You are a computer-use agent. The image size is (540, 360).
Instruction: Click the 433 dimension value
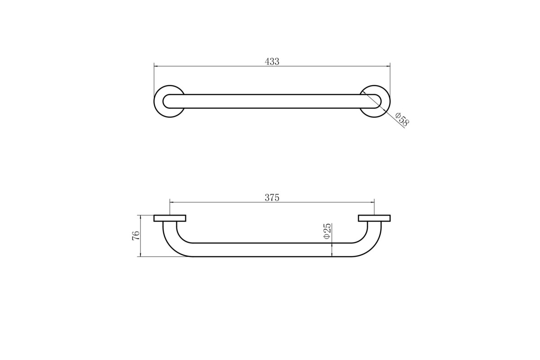click(272, 62)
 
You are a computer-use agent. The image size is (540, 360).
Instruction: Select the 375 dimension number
click(272, 198)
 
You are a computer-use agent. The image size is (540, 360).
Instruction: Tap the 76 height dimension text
click(136, 235)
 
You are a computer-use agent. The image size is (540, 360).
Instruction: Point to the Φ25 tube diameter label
click(328, 231)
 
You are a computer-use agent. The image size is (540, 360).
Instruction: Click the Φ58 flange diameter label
click(402, 119)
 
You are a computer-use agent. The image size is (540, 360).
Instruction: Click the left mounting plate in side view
click(170, 218)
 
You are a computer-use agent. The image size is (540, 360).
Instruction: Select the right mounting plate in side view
click(374, 218)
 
